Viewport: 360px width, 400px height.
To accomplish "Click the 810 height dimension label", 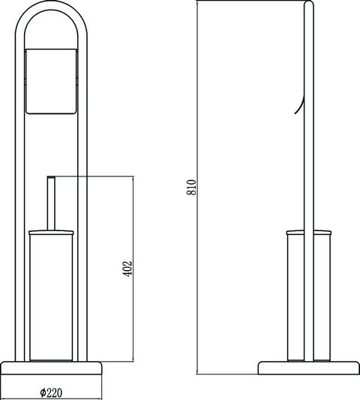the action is point(191,188).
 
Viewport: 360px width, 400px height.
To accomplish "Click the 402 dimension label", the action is point(127,269).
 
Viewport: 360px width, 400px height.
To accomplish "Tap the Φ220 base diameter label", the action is point(51,392).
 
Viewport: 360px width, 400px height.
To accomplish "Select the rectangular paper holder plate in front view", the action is point(51,81).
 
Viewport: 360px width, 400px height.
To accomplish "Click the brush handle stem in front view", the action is point(51,203).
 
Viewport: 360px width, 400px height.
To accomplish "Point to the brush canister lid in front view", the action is point(51,232).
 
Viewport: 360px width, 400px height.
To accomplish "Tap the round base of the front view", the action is point(51,368).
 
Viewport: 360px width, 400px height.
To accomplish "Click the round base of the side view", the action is point(309,368).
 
